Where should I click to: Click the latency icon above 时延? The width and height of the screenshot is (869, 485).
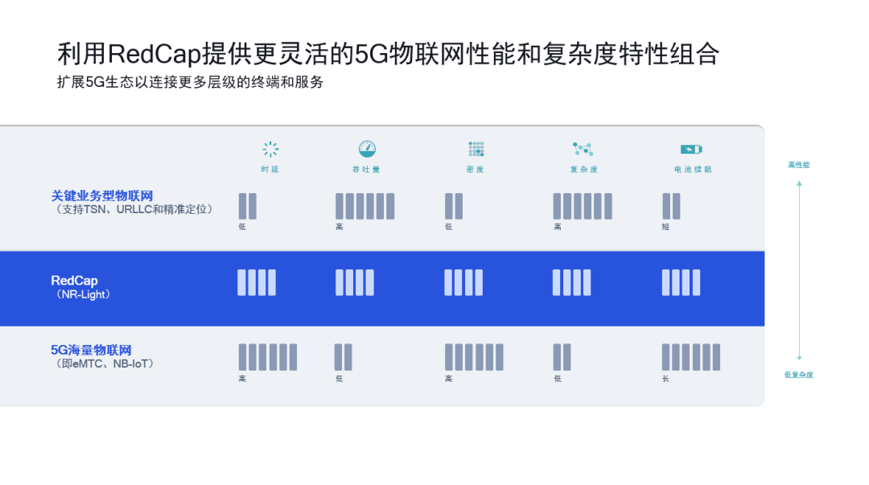(270, 149)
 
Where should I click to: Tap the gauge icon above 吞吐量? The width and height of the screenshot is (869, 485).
(367, 149)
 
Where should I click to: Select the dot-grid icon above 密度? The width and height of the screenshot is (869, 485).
(476, 149)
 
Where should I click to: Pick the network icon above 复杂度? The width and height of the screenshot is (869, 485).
(583, 149)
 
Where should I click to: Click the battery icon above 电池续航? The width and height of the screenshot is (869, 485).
(691, 149)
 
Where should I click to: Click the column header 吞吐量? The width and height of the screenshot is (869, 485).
(367, 170)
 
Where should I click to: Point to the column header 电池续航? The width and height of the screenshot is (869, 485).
(692, 170)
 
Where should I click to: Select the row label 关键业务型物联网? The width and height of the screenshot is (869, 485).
(102, 195)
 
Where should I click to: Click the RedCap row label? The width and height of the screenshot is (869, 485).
(74, 281)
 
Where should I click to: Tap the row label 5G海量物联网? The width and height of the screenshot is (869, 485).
(91, 350)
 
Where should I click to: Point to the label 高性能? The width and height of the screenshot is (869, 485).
(798, 165)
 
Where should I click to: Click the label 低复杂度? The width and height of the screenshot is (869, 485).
(798, 375)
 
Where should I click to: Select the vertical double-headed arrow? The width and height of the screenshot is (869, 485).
(799, 270)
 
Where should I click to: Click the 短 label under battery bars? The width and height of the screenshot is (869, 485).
(665, 227)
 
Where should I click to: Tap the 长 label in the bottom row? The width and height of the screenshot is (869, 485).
(665, 379)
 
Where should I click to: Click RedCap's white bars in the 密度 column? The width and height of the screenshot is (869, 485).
(464, 282)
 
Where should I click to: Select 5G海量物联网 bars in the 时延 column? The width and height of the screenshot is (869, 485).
(267, 357)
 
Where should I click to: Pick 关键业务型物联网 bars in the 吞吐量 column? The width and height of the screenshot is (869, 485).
(364, 206)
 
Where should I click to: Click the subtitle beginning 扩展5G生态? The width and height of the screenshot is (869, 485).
(190, 82)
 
